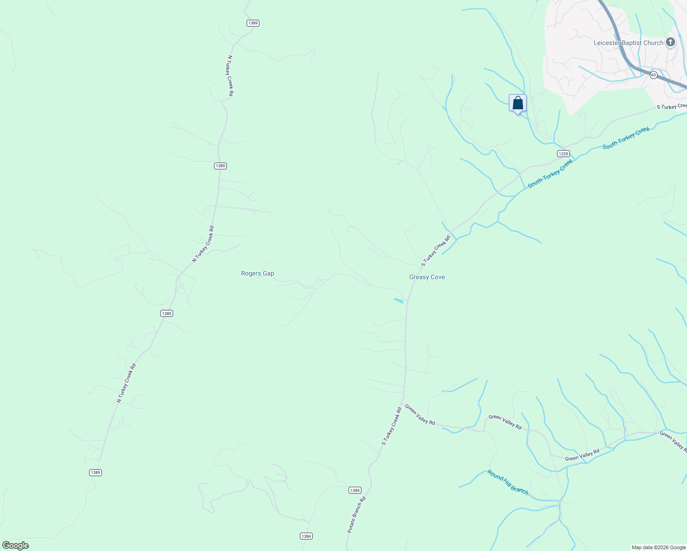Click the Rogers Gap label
257,274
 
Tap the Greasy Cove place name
427,277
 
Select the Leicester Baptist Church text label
628,43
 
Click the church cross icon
670,42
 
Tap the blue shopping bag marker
518,103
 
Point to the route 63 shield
653,74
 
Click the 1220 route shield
563,154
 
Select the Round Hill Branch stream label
508,482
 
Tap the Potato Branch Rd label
356,514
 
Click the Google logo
16,545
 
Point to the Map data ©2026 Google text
658,547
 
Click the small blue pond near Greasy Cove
399,301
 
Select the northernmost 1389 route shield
253,23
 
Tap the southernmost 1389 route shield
95,472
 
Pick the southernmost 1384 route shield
306,536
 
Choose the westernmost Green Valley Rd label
420,415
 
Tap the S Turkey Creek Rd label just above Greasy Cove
436,251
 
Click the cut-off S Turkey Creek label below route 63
671,107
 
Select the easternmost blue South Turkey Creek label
626,138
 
